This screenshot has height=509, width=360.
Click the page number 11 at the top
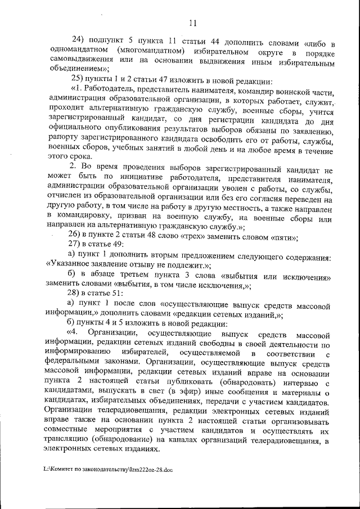[192, 22]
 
